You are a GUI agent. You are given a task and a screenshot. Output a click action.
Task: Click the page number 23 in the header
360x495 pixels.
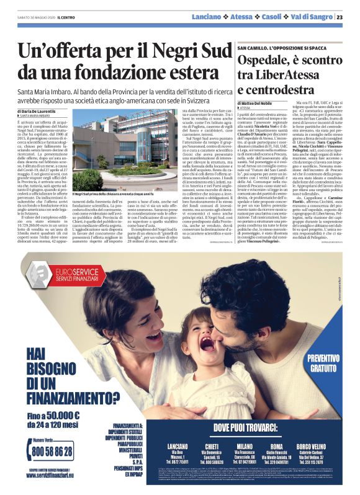coord(348,17)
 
